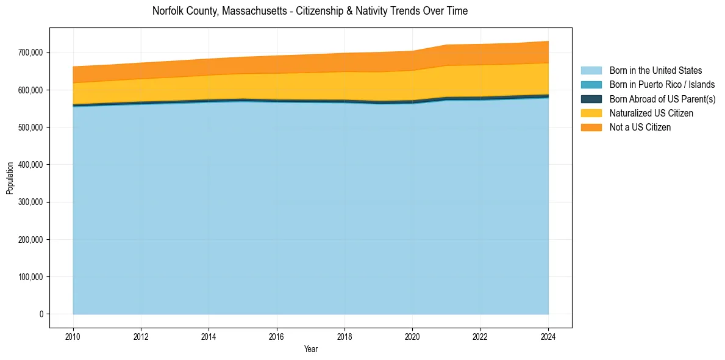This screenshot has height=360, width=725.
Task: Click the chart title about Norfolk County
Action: tap(310, 11)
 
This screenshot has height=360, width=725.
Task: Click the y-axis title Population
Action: tap(10, 178)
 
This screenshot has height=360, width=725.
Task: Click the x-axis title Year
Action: tap(310, 349)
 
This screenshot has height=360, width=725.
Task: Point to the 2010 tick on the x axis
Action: tap(73, 335)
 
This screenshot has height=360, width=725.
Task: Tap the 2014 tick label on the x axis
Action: tap(209, 335)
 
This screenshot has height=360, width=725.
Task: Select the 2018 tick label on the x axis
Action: tap(345, 335)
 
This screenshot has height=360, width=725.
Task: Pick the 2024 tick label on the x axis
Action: tap(548, 335)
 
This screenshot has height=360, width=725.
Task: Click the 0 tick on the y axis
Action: tap(41, 314)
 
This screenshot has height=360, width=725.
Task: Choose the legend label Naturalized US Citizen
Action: tap(651, 113)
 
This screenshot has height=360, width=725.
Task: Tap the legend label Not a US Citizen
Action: tap(640, 127)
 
